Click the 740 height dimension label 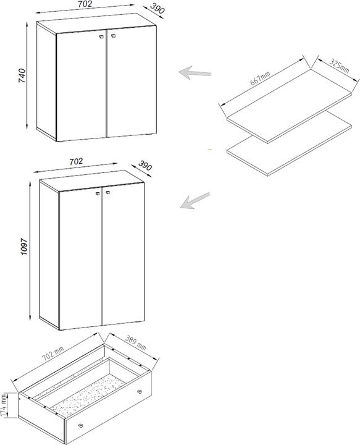pos(22,76)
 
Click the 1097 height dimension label pos(24,247)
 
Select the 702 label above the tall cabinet pos(76,161)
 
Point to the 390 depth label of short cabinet pos(157,8)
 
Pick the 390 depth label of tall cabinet pos(145,166)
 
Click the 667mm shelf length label pos(260,78)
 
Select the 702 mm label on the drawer pos(53,354)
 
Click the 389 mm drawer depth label pos(135,343)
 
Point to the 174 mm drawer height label pos(4,405)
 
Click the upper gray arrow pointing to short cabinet pos(195,73)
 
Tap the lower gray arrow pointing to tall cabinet pos(195,200)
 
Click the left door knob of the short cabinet pos(101,36)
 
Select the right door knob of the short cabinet pos(114,36)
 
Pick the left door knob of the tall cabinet pos(97,193)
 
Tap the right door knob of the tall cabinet pos(107,193)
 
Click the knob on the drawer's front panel pos(81,425)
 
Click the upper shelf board pos(289,106)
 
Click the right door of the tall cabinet pos(123,254)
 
